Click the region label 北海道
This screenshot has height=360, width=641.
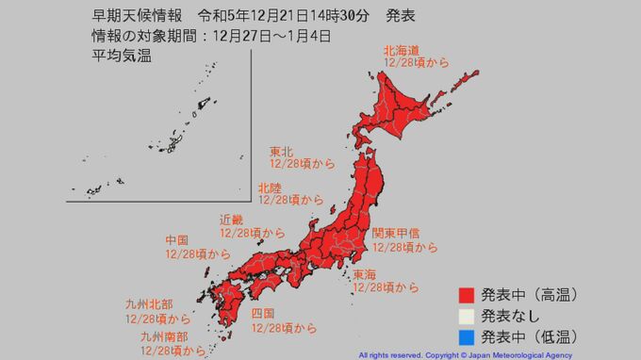point(402,48)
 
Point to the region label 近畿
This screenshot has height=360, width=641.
point(232,219)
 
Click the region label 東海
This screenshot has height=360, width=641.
point(365,274)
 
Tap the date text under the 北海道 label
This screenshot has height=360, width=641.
point(416,61)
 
